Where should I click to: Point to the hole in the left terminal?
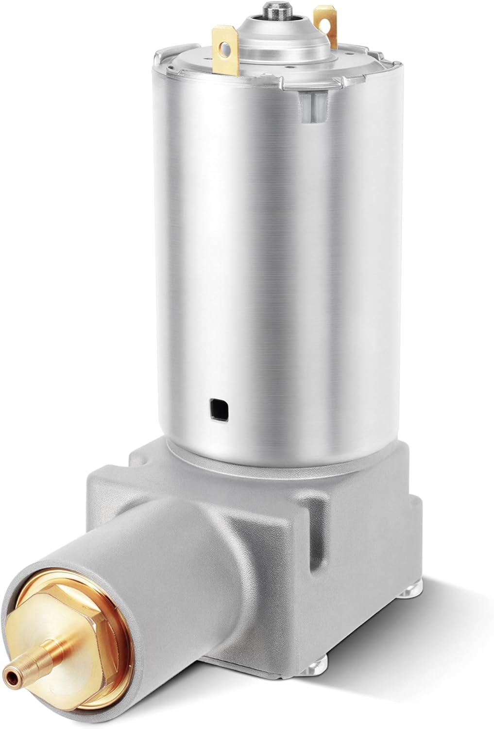point(224,48)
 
